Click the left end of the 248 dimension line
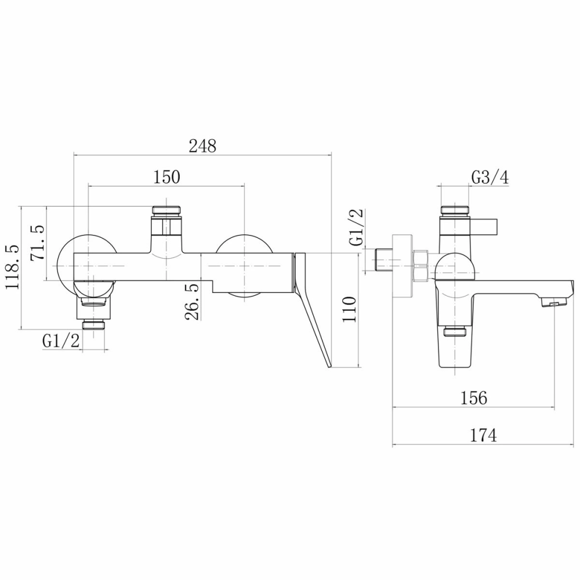click(74, 155)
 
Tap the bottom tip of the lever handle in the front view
click(329, 367)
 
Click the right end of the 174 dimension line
click(575, 444)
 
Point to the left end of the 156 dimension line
click(392, 408)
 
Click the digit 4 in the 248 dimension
click(202, 146)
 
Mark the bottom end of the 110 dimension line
click(358, 367)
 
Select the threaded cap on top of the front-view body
click(167, 211)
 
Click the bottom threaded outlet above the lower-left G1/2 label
click(94, 325)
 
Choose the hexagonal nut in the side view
click(420, 266)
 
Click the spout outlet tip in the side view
click(554, 303)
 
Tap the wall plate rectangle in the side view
click(402, 266)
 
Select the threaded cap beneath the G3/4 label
click(455, 211)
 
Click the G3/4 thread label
click(490, 178)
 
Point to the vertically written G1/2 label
click(357, 227)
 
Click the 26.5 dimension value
click(192, 302)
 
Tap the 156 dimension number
click(474, 398)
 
